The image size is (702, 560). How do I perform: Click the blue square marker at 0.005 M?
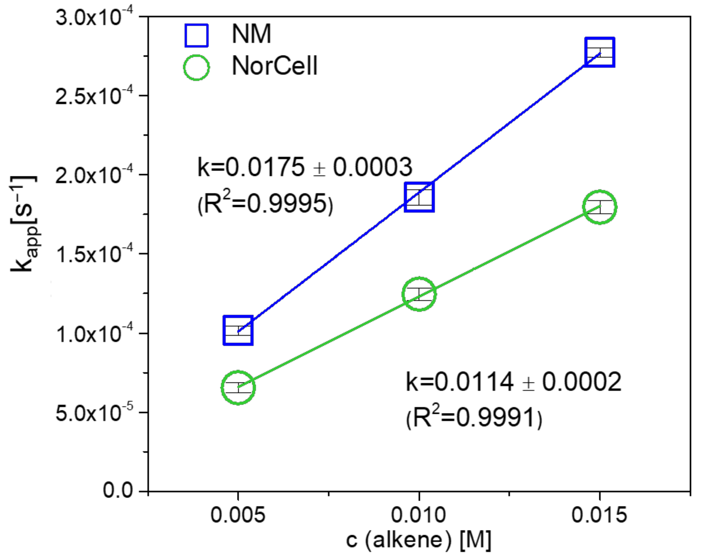coord(238,330)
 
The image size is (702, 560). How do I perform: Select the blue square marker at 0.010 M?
coord(419,197)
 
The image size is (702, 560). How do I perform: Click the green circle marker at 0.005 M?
coord(238,387)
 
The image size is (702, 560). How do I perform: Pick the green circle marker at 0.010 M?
coord(419,294)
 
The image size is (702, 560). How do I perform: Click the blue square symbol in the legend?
coord(196,35)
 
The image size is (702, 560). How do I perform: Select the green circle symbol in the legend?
coord(196,67)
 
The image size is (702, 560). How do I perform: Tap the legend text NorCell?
coord(274,66)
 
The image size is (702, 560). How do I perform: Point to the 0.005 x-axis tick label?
coord(238,515)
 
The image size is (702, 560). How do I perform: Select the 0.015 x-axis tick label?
coord(599,515)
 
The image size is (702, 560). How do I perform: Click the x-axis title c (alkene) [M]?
coord(418,541)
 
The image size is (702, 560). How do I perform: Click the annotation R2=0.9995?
coord(265,203)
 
